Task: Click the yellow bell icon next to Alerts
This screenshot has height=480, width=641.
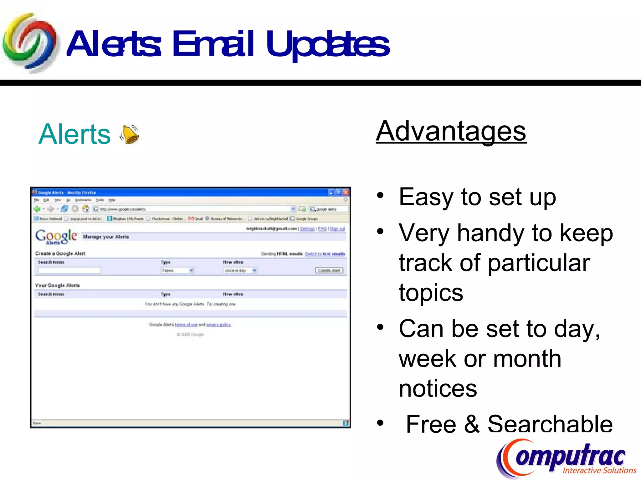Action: click(x=130, y=134)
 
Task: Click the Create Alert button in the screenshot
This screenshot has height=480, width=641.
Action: click(x=329, y=270)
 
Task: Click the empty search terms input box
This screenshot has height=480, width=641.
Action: click(x=69, y=270)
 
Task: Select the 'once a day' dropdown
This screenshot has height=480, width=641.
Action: click(x=240, y=270)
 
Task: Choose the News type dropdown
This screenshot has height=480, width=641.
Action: click(x=178, y=270)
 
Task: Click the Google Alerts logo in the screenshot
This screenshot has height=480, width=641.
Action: click(x=56, y=237)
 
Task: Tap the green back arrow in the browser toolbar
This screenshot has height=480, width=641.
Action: click(x=37, y=209)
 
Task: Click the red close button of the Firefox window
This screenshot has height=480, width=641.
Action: click(x=346, y=192)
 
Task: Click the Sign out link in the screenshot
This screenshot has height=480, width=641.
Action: click(x=337, y=229)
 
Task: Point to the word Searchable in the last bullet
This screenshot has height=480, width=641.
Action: click(x=550, y=424)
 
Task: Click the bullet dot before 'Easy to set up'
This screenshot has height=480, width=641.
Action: click(x=380, y=196)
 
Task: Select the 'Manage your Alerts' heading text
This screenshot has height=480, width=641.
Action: click(x=106, y=237)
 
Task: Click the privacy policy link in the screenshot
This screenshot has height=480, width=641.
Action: click(x=218, y=325)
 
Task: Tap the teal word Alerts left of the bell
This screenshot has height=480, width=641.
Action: click(x=74, y=134)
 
